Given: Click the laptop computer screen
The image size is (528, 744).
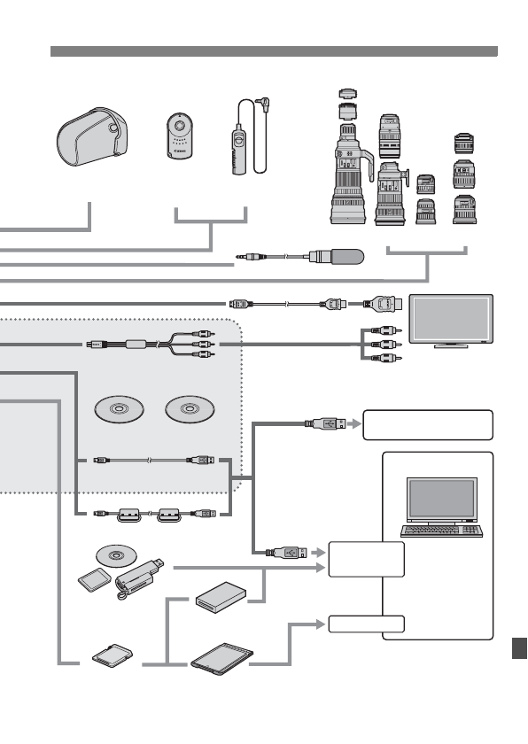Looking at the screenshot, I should pos(441,500).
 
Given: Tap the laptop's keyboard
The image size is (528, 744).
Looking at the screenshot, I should pos(441,531).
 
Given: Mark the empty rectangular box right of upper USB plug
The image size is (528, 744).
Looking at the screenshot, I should pos(428,424).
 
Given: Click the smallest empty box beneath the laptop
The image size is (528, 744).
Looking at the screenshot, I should pos(366,624).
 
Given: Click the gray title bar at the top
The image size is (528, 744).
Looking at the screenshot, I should pos(274,51).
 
